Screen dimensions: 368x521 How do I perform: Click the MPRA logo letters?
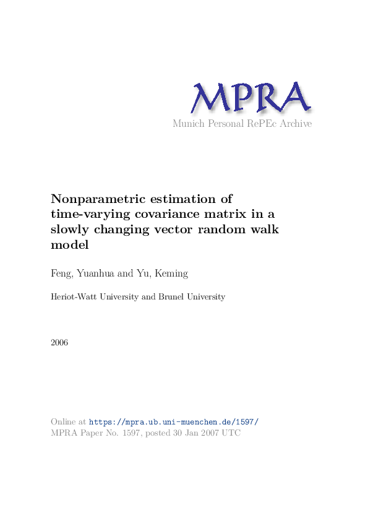pyautogui.click(x=250, y=97)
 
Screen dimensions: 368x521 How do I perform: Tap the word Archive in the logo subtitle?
pyautogui.click(x=295, y=124)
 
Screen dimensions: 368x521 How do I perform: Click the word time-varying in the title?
pyautogui.click(x=87, y=214)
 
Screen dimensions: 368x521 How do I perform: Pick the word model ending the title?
pyautogui.click(x=69, y=245)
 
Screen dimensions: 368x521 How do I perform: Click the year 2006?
pyautogui.click(x=59, y=343)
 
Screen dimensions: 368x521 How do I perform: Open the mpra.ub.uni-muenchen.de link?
pyautogui.click(x=174, y=422)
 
